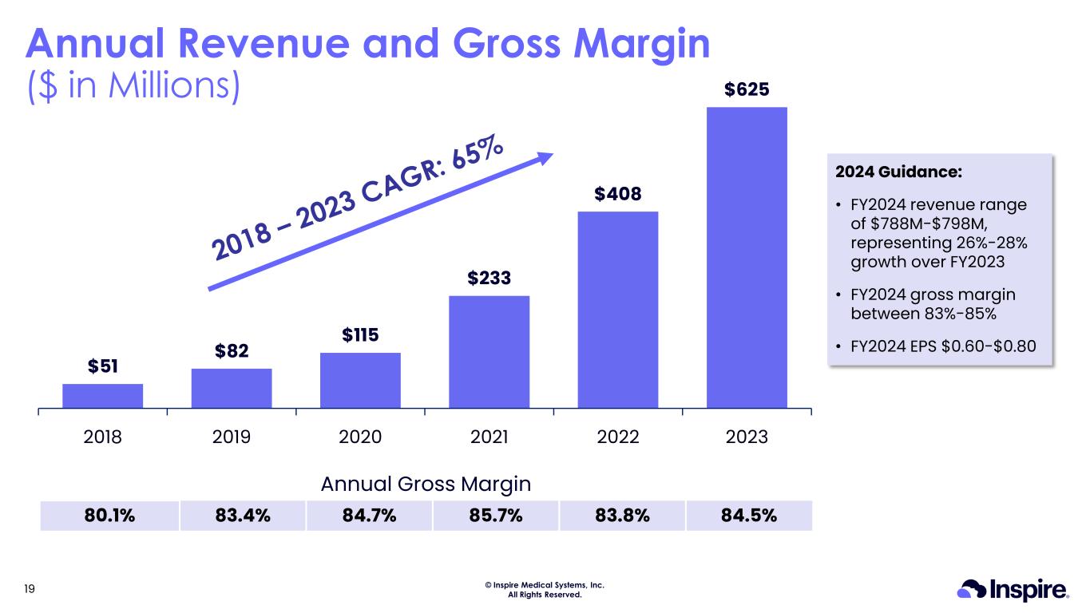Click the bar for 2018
pos(102,396)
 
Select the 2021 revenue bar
pos(489,352)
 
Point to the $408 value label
pos(618,194)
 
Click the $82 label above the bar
pos(231,350)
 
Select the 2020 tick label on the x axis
pos(360,437)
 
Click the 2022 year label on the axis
pos(618,437)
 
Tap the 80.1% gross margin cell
pos(109,515)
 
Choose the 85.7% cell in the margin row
pos(496,515)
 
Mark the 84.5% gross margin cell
pos(749,515)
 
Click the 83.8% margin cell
pos(623,515)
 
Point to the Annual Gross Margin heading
pos(426,484)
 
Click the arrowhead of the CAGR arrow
pos(545,157)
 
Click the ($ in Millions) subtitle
pos(133,85)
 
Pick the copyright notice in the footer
pos(545,590)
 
